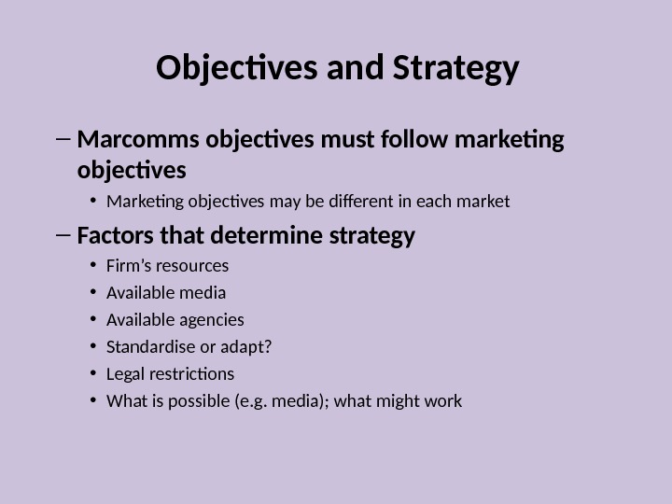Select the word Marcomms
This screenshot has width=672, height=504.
[x=130, y=141]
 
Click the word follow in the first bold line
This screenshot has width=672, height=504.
[x=414, y=141]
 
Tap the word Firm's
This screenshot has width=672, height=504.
[x=129, y=266]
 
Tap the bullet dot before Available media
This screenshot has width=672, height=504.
[x=94, y=293]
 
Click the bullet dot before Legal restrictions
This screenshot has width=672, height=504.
[x=94, y=374]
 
